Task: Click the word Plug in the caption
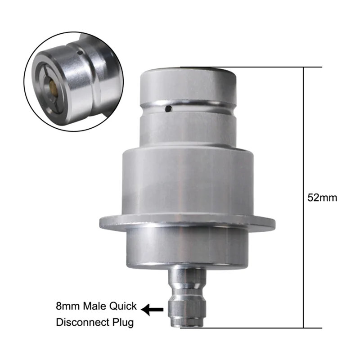[123, 323]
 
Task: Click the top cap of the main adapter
[189, 85]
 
